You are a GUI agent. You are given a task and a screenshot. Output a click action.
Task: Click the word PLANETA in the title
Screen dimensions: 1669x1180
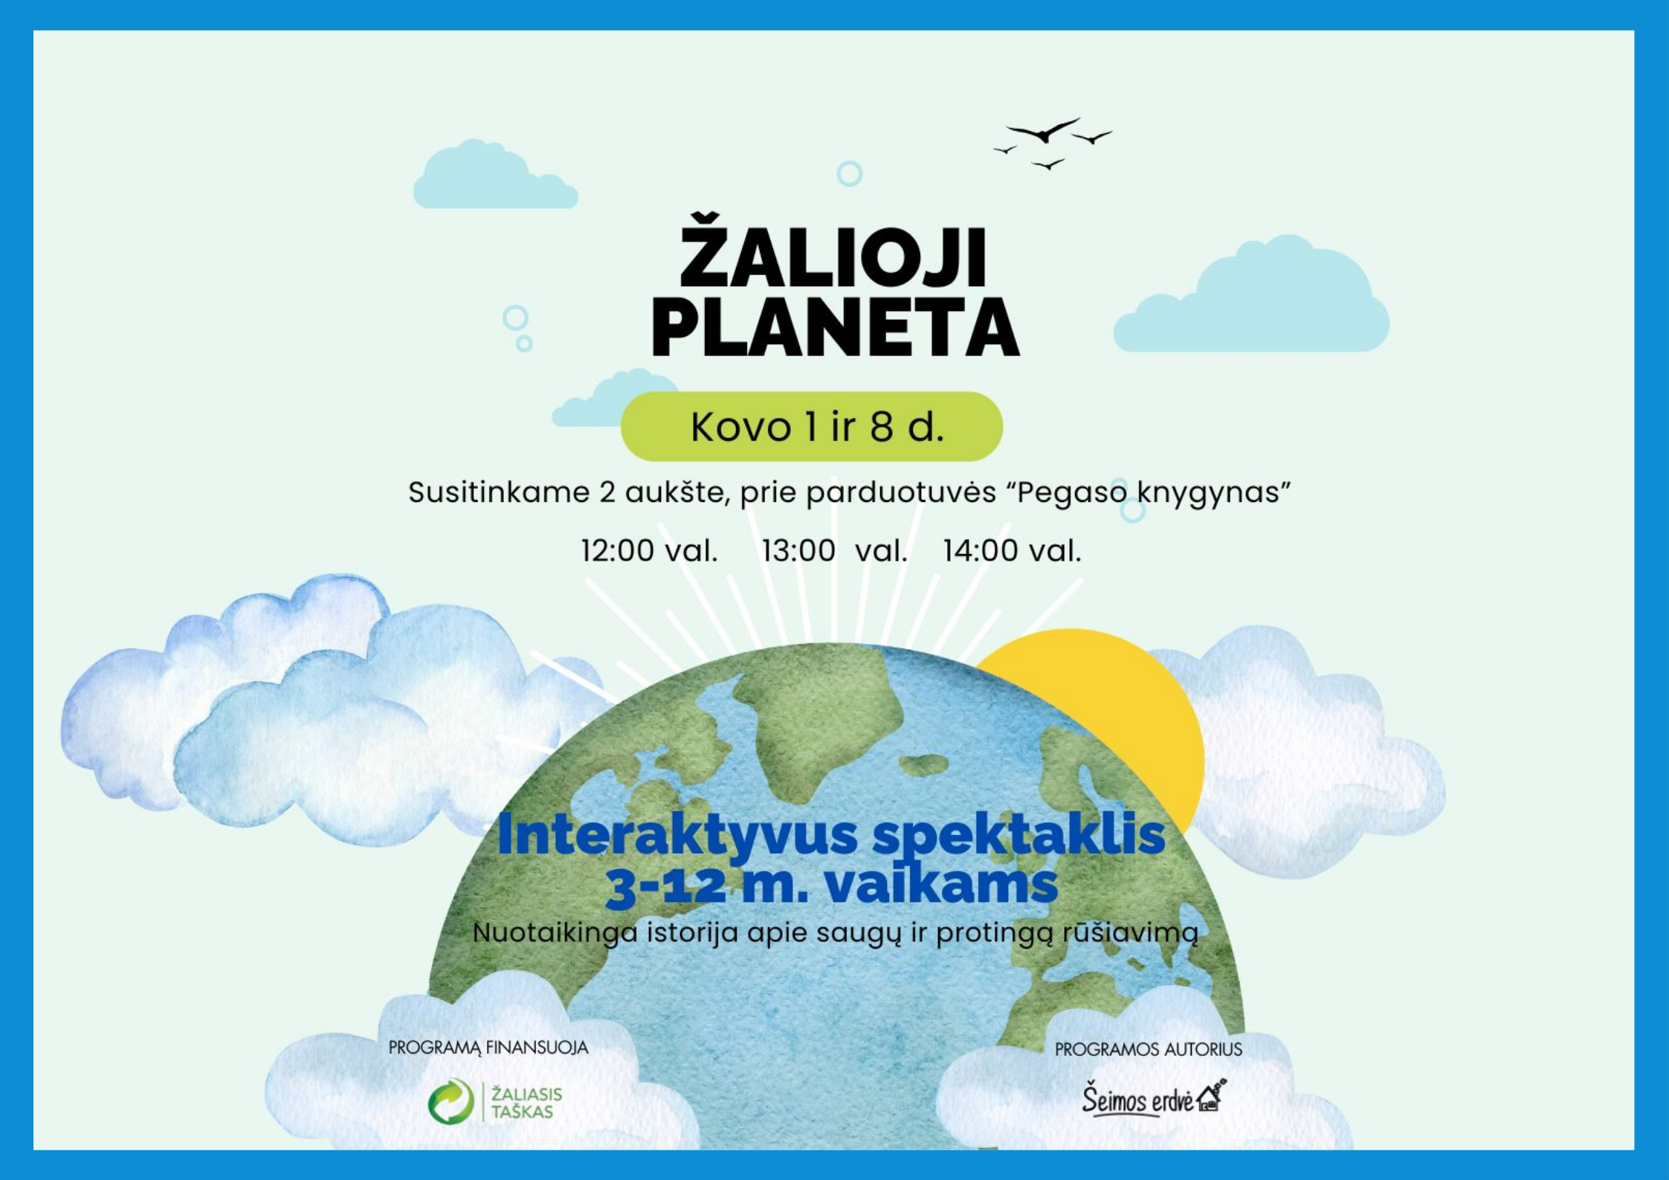pos(836,329)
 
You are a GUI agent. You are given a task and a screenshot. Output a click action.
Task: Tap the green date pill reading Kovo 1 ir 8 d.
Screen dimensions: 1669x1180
pos(812,426)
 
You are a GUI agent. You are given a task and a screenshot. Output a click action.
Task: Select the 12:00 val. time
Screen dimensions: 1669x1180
pos(649,551)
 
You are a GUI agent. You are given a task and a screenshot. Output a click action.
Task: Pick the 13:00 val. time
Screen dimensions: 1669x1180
pos(834,551)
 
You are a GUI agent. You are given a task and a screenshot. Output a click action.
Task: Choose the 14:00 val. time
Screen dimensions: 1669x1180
pos(1013,551)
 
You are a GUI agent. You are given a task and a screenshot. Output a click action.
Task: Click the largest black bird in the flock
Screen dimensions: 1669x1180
pos(1044,130)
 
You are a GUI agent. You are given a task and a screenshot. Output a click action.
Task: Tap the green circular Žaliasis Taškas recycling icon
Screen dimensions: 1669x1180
pos(451,1101)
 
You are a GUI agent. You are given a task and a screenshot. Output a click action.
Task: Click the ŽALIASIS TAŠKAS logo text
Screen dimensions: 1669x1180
pos(526,1103)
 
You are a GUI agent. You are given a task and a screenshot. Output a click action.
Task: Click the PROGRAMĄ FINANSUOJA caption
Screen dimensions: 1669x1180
pos(488,1048)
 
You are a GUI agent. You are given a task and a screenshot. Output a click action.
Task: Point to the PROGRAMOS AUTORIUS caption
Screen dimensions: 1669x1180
pos(1149,1049)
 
